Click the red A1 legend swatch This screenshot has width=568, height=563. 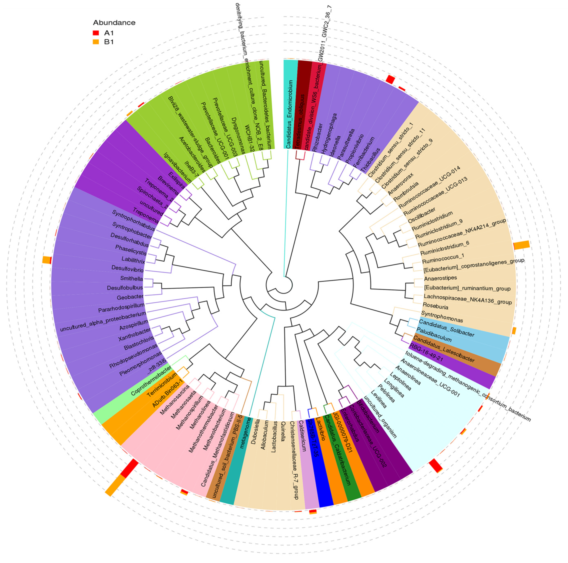pyautogui.click(x=96, y=33)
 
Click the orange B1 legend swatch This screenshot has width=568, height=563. pyautogui.click(x=96, y=42)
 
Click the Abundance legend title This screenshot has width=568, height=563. pyautogui.click(x=114, y=23)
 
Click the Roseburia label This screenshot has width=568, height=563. pyautogui.click(x=435, y=307)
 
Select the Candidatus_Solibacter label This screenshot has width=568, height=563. pyautogui.click(x=446, y=327)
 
